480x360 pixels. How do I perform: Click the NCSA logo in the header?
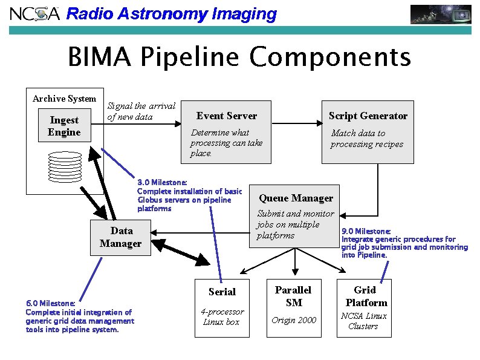34,13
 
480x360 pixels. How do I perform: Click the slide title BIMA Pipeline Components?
239,57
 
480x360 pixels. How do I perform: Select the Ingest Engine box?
64,126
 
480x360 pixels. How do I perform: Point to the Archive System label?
64,99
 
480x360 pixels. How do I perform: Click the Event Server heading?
227,116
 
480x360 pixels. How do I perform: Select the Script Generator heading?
368,116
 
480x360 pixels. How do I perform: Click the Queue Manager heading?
296,198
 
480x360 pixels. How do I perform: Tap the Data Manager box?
120,237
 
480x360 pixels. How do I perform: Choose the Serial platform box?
222,307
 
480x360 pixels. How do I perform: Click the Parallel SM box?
293,307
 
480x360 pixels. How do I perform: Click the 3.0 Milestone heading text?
162,182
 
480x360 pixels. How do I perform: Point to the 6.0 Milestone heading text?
51,303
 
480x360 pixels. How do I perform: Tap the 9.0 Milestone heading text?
366,231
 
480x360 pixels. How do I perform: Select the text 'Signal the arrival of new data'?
141,111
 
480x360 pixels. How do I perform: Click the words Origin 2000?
293,320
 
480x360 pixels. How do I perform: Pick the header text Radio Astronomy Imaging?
171,14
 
